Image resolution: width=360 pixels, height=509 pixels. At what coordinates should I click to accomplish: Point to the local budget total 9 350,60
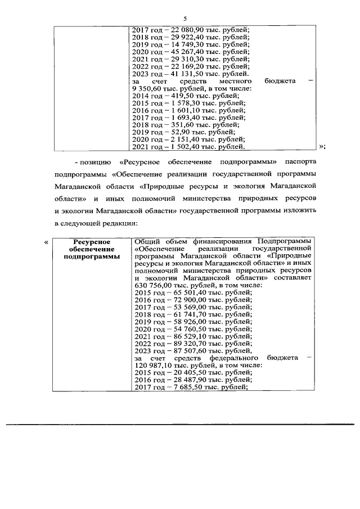pyautogui.click(x=148, y=89)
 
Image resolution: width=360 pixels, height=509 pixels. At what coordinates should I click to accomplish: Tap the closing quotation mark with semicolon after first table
pyautogui.click(x=322, y=147)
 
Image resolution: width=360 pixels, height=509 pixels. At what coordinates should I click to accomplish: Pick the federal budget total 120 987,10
pyautogui.click(x=155, y=364)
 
